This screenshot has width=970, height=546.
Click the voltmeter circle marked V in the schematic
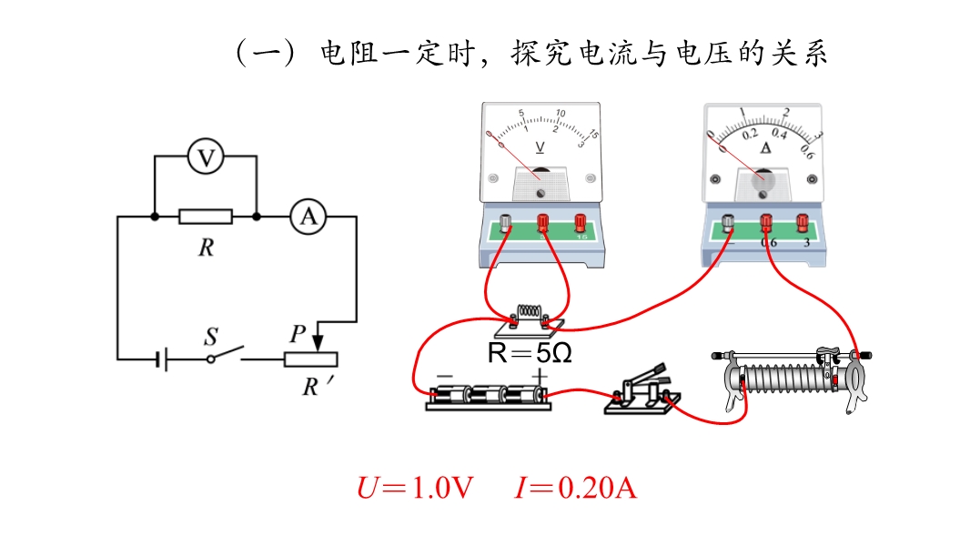point(207,158)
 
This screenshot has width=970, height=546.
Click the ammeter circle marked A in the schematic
point(308,217)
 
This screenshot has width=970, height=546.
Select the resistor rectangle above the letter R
point(206,217)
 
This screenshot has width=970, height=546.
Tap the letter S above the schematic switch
point(210,338)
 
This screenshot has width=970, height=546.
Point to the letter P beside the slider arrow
point(296,334)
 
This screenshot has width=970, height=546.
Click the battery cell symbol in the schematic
point(160,359)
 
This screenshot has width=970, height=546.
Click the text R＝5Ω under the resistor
point(530,353)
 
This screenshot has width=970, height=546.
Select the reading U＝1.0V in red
point(415,489)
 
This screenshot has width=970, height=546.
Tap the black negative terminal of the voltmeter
point(505,221)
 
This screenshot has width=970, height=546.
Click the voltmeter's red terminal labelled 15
point(580,221)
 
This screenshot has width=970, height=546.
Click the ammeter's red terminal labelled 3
point(803,221)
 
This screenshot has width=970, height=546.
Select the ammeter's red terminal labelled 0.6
point(766,221)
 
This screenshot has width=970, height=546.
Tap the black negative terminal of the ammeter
point(728,221)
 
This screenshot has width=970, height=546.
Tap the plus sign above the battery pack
point(541,375)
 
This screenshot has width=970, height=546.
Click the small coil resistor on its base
point(530,316)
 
